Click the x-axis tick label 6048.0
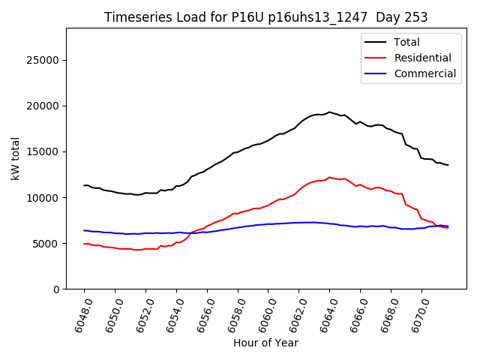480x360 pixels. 79,313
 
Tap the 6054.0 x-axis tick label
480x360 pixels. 171,313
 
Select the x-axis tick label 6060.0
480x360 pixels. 263,313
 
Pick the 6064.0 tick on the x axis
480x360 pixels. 325,313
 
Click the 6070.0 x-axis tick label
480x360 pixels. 417,313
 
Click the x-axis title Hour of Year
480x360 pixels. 265,343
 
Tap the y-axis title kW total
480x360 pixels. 15,158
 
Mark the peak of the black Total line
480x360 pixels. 329,112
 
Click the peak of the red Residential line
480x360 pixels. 329,178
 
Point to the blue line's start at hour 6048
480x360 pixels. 84,230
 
